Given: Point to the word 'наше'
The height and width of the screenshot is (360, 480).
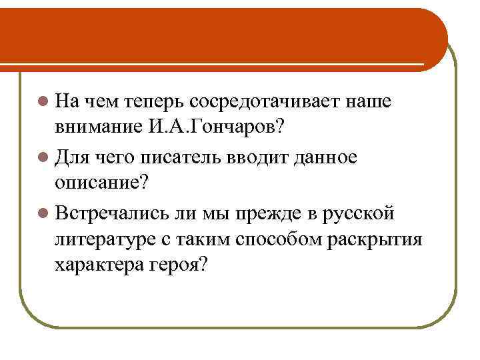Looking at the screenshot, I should [x=369, y=102].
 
